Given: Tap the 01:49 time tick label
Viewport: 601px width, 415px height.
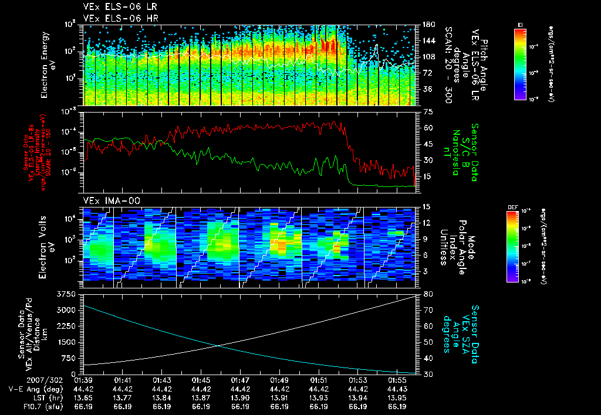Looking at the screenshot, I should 279,380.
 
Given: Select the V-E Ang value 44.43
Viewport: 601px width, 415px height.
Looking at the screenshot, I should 397,389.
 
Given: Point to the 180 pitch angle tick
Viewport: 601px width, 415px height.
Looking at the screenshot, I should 428,25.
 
